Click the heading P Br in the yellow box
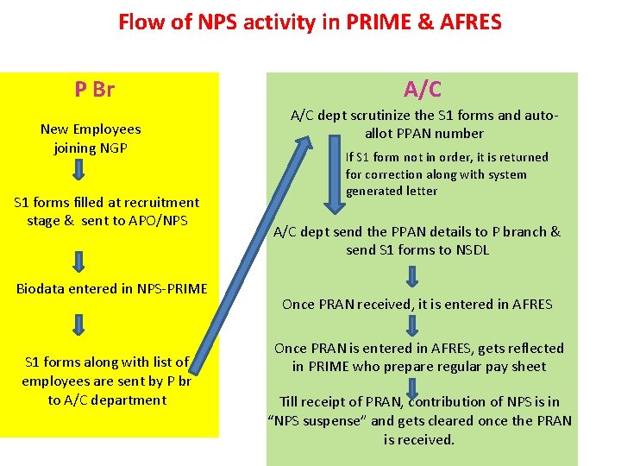94,89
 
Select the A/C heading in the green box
423,89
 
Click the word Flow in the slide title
142,22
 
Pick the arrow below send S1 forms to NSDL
412,276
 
